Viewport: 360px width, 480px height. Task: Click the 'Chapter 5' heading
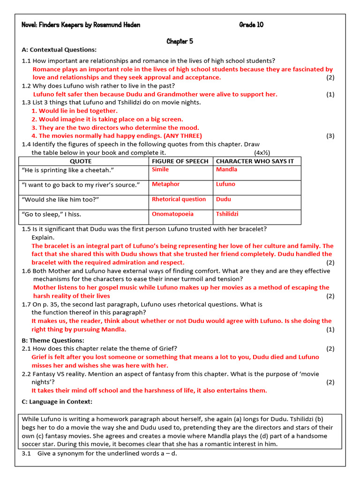180,41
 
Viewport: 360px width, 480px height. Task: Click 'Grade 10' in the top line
251,25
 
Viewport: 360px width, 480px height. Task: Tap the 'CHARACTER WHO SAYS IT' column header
255,161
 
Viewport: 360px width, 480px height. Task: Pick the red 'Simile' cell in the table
160,169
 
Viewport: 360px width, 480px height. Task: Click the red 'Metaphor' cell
165,184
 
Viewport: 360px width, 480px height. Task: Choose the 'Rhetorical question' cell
179,199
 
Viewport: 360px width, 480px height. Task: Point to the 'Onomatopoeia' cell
172,214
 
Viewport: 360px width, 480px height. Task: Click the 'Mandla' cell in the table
226,169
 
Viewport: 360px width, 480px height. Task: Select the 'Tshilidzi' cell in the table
227,214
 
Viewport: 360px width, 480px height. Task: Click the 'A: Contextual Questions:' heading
59,50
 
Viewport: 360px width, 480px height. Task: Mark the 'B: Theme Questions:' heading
53,340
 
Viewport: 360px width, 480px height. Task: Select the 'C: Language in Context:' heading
57,402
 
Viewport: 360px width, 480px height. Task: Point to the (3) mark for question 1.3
330,136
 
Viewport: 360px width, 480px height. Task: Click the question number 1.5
26,229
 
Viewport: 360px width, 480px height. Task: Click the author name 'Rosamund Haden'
117,25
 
